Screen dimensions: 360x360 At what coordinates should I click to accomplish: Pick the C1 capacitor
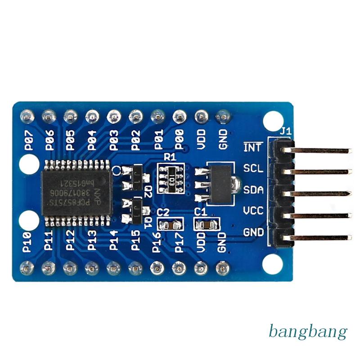point(206,224)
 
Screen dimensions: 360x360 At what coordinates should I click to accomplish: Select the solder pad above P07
point(27,116)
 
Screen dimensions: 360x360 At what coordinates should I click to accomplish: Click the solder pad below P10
point(27,268)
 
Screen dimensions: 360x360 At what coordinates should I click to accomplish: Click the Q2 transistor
point(135,177)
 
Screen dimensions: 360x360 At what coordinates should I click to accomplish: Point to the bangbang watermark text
point(308,332)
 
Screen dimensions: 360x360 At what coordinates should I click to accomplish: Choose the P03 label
point(114,140)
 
